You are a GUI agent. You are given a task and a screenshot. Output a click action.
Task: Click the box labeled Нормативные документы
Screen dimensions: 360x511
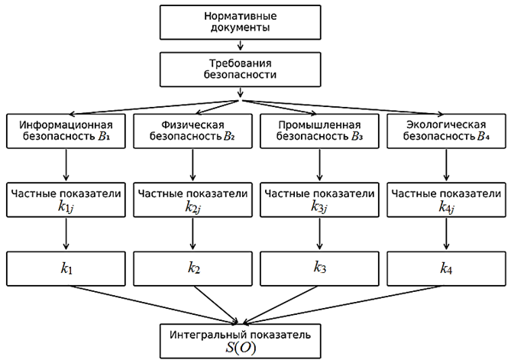(x=239, y=22)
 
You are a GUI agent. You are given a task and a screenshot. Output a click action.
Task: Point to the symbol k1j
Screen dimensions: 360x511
(x=66, y=206)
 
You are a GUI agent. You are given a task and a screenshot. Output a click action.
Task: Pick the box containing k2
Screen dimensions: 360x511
(x=192, y=268)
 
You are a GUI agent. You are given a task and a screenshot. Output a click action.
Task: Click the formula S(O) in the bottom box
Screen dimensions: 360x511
(x=240, y=348)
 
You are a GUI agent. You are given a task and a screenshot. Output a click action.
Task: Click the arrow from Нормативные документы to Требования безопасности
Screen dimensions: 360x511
(x=240, y=46)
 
